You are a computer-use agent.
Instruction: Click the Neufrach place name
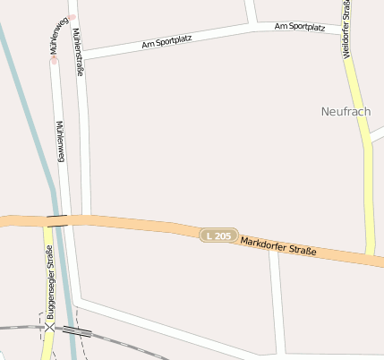pos(346,111)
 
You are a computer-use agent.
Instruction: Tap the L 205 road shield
pos(218,235)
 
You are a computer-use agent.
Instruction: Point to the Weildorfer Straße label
pos(347,30)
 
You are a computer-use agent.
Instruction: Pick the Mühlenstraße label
pos(79,52)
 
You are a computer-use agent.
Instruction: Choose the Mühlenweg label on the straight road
pos(61,141)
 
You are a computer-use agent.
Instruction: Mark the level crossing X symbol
pos(48,328)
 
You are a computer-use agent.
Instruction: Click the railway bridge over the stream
pos(77,331)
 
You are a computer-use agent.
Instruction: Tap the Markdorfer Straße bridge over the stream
pos(57,219)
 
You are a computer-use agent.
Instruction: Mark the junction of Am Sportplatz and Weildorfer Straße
pos(346,30)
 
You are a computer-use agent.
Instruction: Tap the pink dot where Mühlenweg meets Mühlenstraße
pos(73,16)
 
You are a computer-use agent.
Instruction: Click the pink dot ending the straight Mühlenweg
pos(54,61)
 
